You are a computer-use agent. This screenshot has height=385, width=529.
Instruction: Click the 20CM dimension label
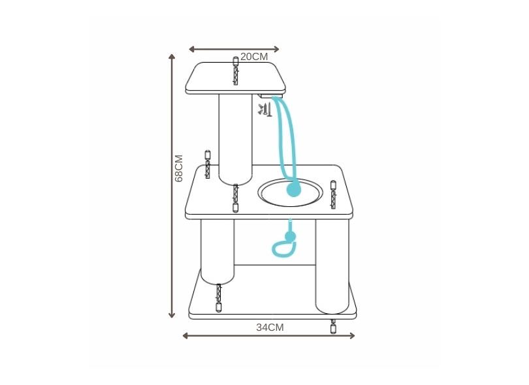click(254, 57)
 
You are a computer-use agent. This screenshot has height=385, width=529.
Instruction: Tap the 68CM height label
click(180, 168)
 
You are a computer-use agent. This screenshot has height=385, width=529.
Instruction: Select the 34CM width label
click(270, 328)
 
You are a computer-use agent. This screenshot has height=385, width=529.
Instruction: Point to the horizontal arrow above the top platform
click(234, 49)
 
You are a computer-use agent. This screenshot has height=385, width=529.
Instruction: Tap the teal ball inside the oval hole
click(295, 190)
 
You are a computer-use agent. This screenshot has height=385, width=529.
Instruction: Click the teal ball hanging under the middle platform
click(290, 236)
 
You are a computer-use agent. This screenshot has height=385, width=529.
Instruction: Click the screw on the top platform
click(235, 71)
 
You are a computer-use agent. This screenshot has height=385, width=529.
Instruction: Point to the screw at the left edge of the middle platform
click(208, 164)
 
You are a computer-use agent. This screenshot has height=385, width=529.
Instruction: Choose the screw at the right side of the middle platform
click(333, 195)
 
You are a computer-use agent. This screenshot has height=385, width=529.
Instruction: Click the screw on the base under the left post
click(219, 298)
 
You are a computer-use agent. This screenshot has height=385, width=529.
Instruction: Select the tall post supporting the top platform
click(234, 137)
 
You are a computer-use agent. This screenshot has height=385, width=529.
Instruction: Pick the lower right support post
click(332, 264)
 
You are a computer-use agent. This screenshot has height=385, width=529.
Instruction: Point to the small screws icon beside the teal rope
click(264, 109)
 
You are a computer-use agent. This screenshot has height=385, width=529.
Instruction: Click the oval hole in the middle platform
click(291, 193)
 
